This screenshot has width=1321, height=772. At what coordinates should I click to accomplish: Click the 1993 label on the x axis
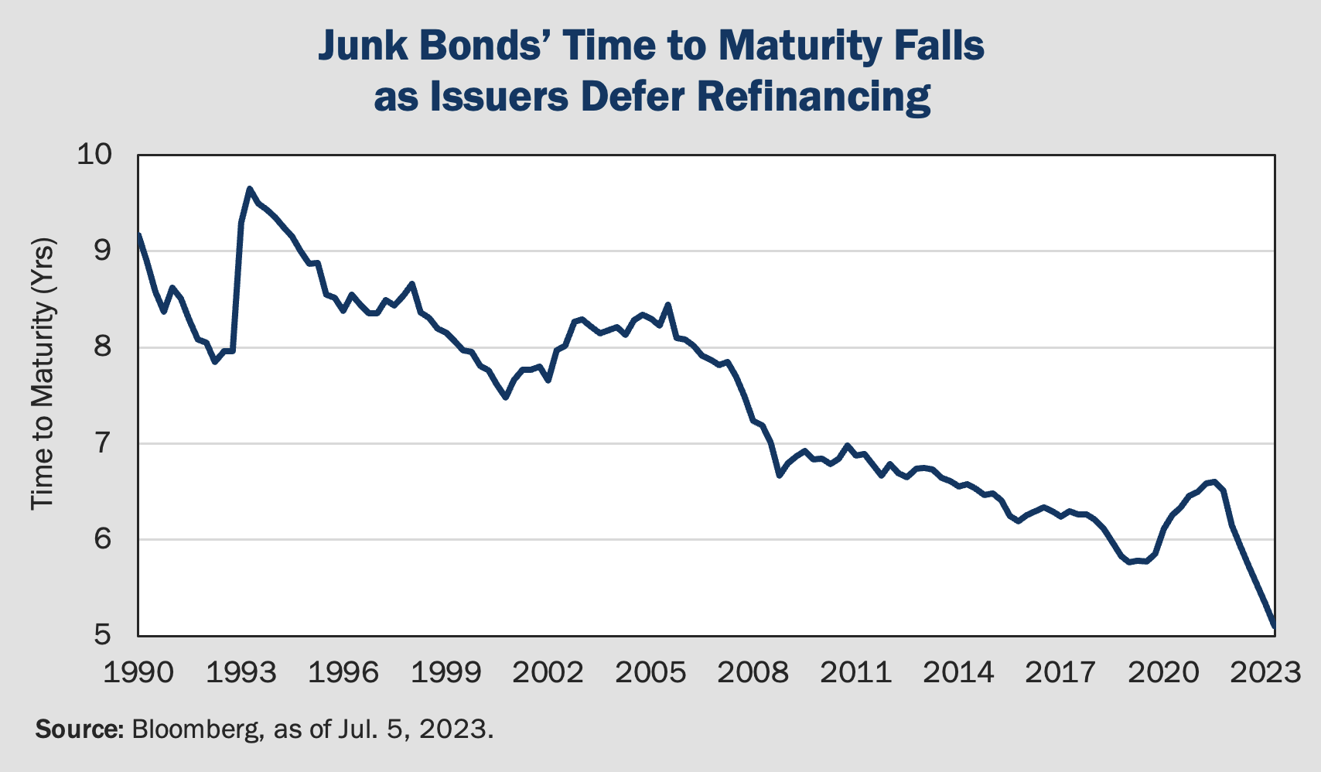click(241, 672)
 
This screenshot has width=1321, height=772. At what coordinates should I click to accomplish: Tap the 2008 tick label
click(753, 672)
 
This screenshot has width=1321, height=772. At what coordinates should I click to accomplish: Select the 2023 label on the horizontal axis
click(1265, 672)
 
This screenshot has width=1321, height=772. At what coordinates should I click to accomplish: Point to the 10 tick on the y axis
click(94, 155)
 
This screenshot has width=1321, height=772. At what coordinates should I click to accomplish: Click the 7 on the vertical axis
click(104, 444)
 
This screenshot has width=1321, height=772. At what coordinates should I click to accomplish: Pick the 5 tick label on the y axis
click(104, 636)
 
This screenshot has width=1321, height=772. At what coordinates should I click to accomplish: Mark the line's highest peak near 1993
click(249, 188)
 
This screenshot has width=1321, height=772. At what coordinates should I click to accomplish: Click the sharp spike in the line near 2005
click(667, 305)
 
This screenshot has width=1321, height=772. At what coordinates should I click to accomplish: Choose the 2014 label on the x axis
click(958, 672)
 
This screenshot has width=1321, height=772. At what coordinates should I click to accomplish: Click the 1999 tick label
click(445, 672)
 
